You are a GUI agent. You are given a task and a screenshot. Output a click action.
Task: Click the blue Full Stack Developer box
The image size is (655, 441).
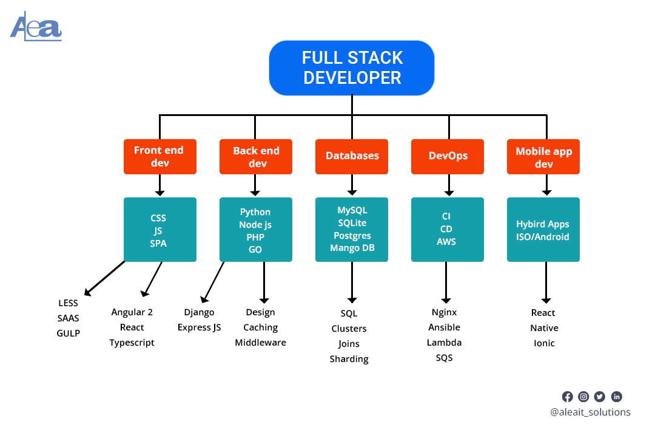pyautogui.click(x=352, y=68)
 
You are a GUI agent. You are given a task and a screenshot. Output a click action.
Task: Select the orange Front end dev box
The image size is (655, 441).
pyautogui.click(x=160, y=157)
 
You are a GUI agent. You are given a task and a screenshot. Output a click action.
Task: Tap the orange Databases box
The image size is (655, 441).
pyautogui.click(x=352, y=156)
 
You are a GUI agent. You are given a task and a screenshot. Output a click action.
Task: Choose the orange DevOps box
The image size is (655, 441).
pyautogui.click(x=448, y=156)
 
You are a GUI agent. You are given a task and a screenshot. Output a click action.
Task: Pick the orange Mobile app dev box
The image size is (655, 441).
pyautogui.click(x=543, y=157)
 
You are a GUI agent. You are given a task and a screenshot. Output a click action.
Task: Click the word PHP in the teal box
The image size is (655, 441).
pyautogui.click(x=255, y=237)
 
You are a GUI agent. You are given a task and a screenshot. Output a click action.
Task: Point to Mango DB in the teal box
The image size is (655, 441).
pyautogui.click(x=352, y=248)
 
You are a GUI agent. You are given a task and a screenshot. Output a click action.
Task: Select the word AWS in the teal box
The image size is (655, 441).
pyautogui.click(x=446, y=242)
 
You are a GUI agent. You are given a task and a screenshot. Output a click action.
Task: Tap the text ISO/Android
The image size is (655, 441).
pyautogui.click(x=543, y=237)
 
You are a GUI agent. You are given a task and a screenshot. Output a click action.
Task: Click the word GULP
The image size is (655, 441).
pyautogui.click(x=69, y=333)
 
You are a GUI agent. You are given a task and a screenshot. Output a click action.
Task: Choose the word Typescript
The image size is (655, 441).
pyautogui.click(x=132, y=343)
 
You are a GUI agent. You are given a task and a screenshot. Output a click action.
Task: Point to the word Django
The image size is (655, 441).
pyautogui.click(x=199, y=312)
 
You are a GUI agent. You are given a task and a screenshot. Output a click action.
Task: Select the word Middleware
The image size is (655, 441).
pyautogui.click(x=260, y=343)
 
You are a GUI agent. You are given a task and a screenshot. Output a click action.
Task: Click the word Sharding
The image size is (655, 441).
pyautogui.click(x=349, y=359)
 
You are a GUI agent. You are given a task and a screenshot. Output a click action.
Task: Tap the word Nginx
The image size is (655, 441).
pyautogui.click(x=444, y=312)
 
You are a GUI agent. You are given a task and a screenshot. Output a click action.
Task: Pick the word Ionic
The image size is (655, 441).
pyautogui.click(x=544, y=343)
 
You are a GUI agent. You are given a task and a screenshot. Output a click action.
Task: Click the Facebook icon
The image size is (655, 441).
pyautogui.click(x=567, y=397)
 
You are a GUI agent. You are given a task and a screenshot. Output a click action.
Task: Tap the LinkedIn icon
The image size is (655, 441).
pyautogui.click(x=616, y=397)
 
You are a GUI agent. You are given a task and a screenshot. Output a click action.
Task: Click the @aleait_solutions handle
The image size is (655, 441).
pyautogui.click(x=589, y=412)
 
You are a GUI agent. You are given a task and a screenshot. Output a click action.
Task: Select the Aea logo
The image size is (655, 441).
pyautogui.click(x=36, y=27)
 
